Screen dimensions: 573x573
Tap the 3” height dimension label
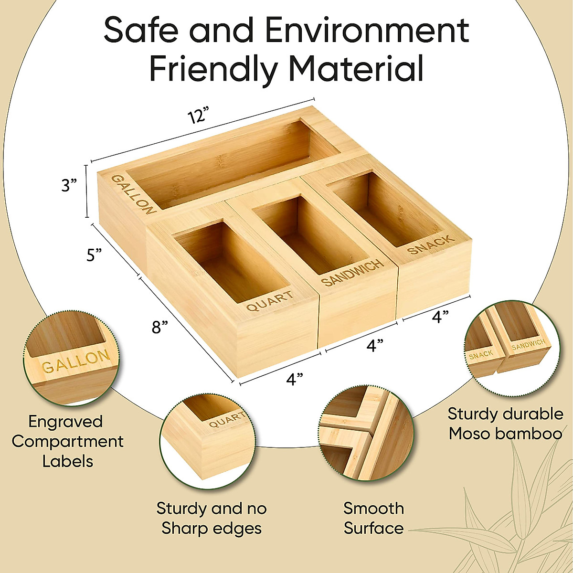[x=69, y=185]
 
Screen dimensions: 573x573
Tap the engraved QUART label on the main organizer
[x=270, y=301]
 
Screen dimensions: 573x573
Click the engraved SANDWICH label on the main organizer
[x=352, y=272]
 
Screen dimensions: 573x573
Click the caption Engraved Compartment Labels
[x=67, y=441]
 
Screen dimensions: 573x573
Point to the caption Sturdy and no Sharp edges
[x=212, y=518]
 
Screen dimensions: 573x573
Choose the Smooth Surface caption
[x=373, y=518]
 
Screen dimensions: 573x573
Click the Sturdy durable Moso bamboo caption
[x=505, y=424]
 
